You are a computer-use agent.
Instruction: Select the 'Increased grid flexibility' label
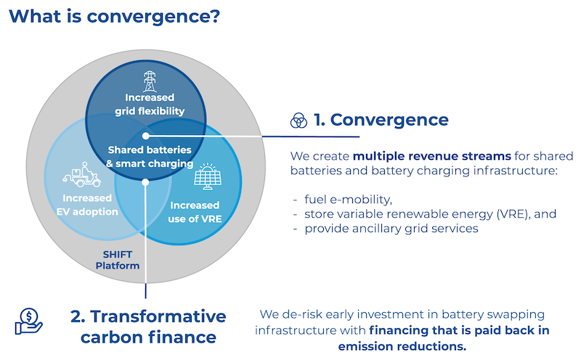pyautogui.click(x=149, y=104)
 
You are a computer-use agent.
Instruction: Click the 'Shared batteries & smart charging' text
pyautogui.click(x=150, y=157)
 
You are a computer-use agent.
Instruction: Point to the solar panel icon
pyautogui.click(x=206, y=175)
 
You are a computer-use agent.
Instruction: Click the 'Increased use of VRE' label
pyautogui.click(x=196, y=210)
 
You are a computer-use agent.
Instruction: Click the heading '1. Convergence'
pyautogui.click(x=382, y=120)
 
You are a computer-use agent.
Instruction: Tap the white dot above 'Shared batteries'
pyautogui.click(x=145, y=136)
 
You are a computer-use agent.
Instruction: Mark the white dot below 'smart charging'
pyautogui.click(x=145, y=182)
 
